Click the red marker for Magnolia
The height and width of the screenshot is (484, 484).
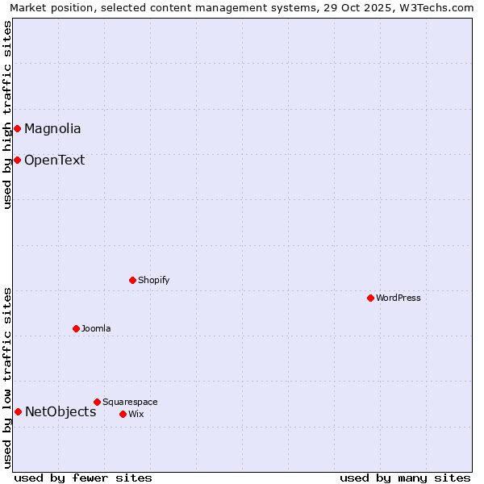[17, 128]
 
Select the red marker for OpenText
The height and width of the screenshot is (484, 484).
[17, 160]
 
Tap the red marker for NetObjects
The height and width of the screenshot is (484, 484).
[18, 411]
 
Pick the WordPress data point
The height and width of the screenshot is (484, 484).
[370, 298]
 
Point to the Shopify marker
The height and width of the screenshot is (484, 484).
[132, 280]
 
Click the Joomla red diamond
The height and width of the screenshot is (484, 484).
[76, 328]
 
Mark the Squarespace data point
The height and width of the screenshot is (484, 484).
[97, 402]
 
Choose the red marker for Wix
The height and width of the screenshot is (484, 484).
[123, 414]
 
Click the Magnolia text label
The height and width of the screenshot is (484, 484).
[52, 128]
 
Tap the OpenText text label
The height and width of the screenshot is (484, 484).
[54, 160]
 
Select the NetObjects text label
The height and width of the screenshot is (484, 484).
[60, 412]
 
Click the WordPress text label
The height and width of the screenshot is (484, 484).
[398, 298]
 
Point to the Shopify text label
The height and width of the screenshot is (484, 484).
[153, 280]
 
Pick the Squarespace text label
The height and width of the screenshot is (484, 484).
[130, 402]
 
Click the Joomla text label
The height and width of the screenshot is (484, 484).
[96, 328]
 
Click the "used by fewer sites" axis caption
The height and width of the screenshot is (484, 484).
[83, 478]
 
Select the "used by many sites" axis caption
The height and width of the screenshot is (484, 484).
[405, 478]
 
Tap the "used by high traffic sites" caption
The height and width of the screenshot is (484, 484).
[8, 115]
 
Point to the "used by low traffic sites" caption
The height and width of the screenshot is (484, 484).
[8, 378]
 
